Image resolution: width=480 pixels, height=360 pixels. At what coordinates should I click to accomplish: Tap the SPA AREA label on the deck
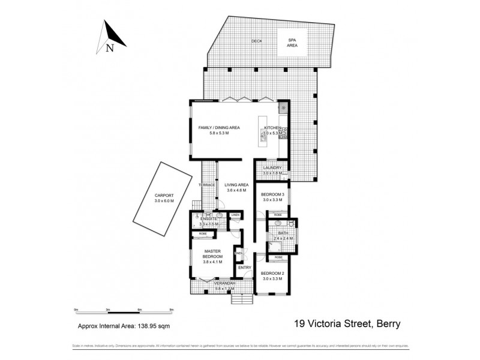point(292,43)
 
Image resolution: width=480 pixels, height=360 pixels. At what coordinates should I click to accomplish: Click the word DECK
point(257,41)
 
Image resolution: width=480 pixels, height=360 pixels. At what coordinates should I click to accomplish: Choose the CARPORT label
point(164,196)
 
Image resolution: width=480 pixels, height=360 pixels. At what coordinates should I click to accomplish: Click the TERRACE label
point(207,185)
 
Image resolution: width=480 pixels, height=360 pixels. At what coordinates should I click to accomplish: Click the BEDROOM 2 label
point(273,275)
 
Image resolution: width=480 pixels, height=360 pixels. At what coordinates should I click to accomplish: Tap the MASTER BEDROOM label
point(214,254)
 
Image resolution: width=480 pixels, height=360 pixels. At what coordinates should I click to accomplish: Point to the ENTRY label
point(245,268)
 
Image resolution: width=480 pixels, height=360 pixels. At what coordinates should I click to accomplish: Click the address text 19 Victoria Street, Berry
point(347,325)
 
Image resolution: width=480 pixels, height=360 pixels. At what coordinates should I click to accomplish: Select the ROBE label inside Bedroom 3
point(278,215)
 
